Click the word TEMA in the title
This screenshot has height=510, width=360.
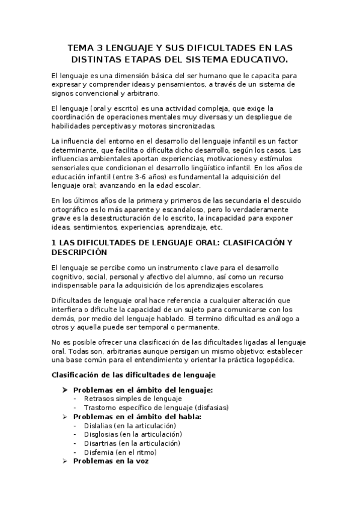[x=81, y=48]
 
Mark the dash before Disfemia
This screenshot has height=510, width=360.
[x=75, y=452]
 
